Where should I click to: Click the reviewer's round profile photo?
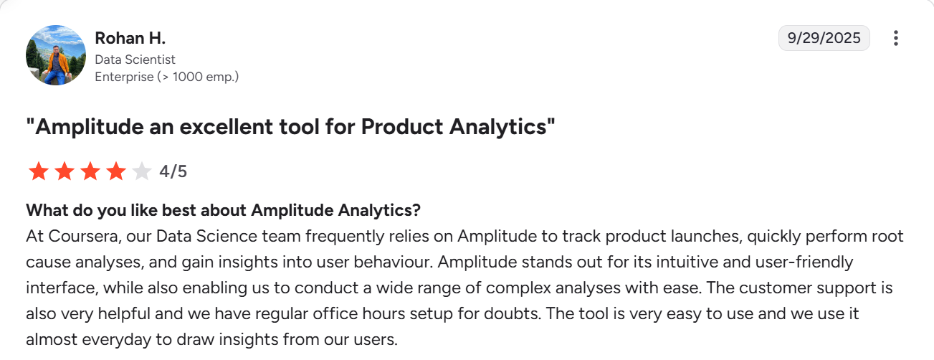click(56, 56)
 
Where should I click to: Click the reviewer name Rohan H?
click(130, 39)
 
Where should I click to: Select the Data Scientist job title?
click(135, 60)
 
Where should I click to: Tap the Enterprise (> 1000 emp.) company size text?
click(166, 77)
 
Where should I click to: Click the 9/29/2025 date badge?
click(824, 39)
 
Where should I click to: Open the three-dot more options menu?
click(895, 39)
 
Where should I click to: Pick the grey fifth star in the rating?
click(142, 171)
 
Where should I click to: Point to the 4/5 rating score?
click(173, 171)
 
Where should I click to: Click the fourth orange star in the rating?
click(115, 171)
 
